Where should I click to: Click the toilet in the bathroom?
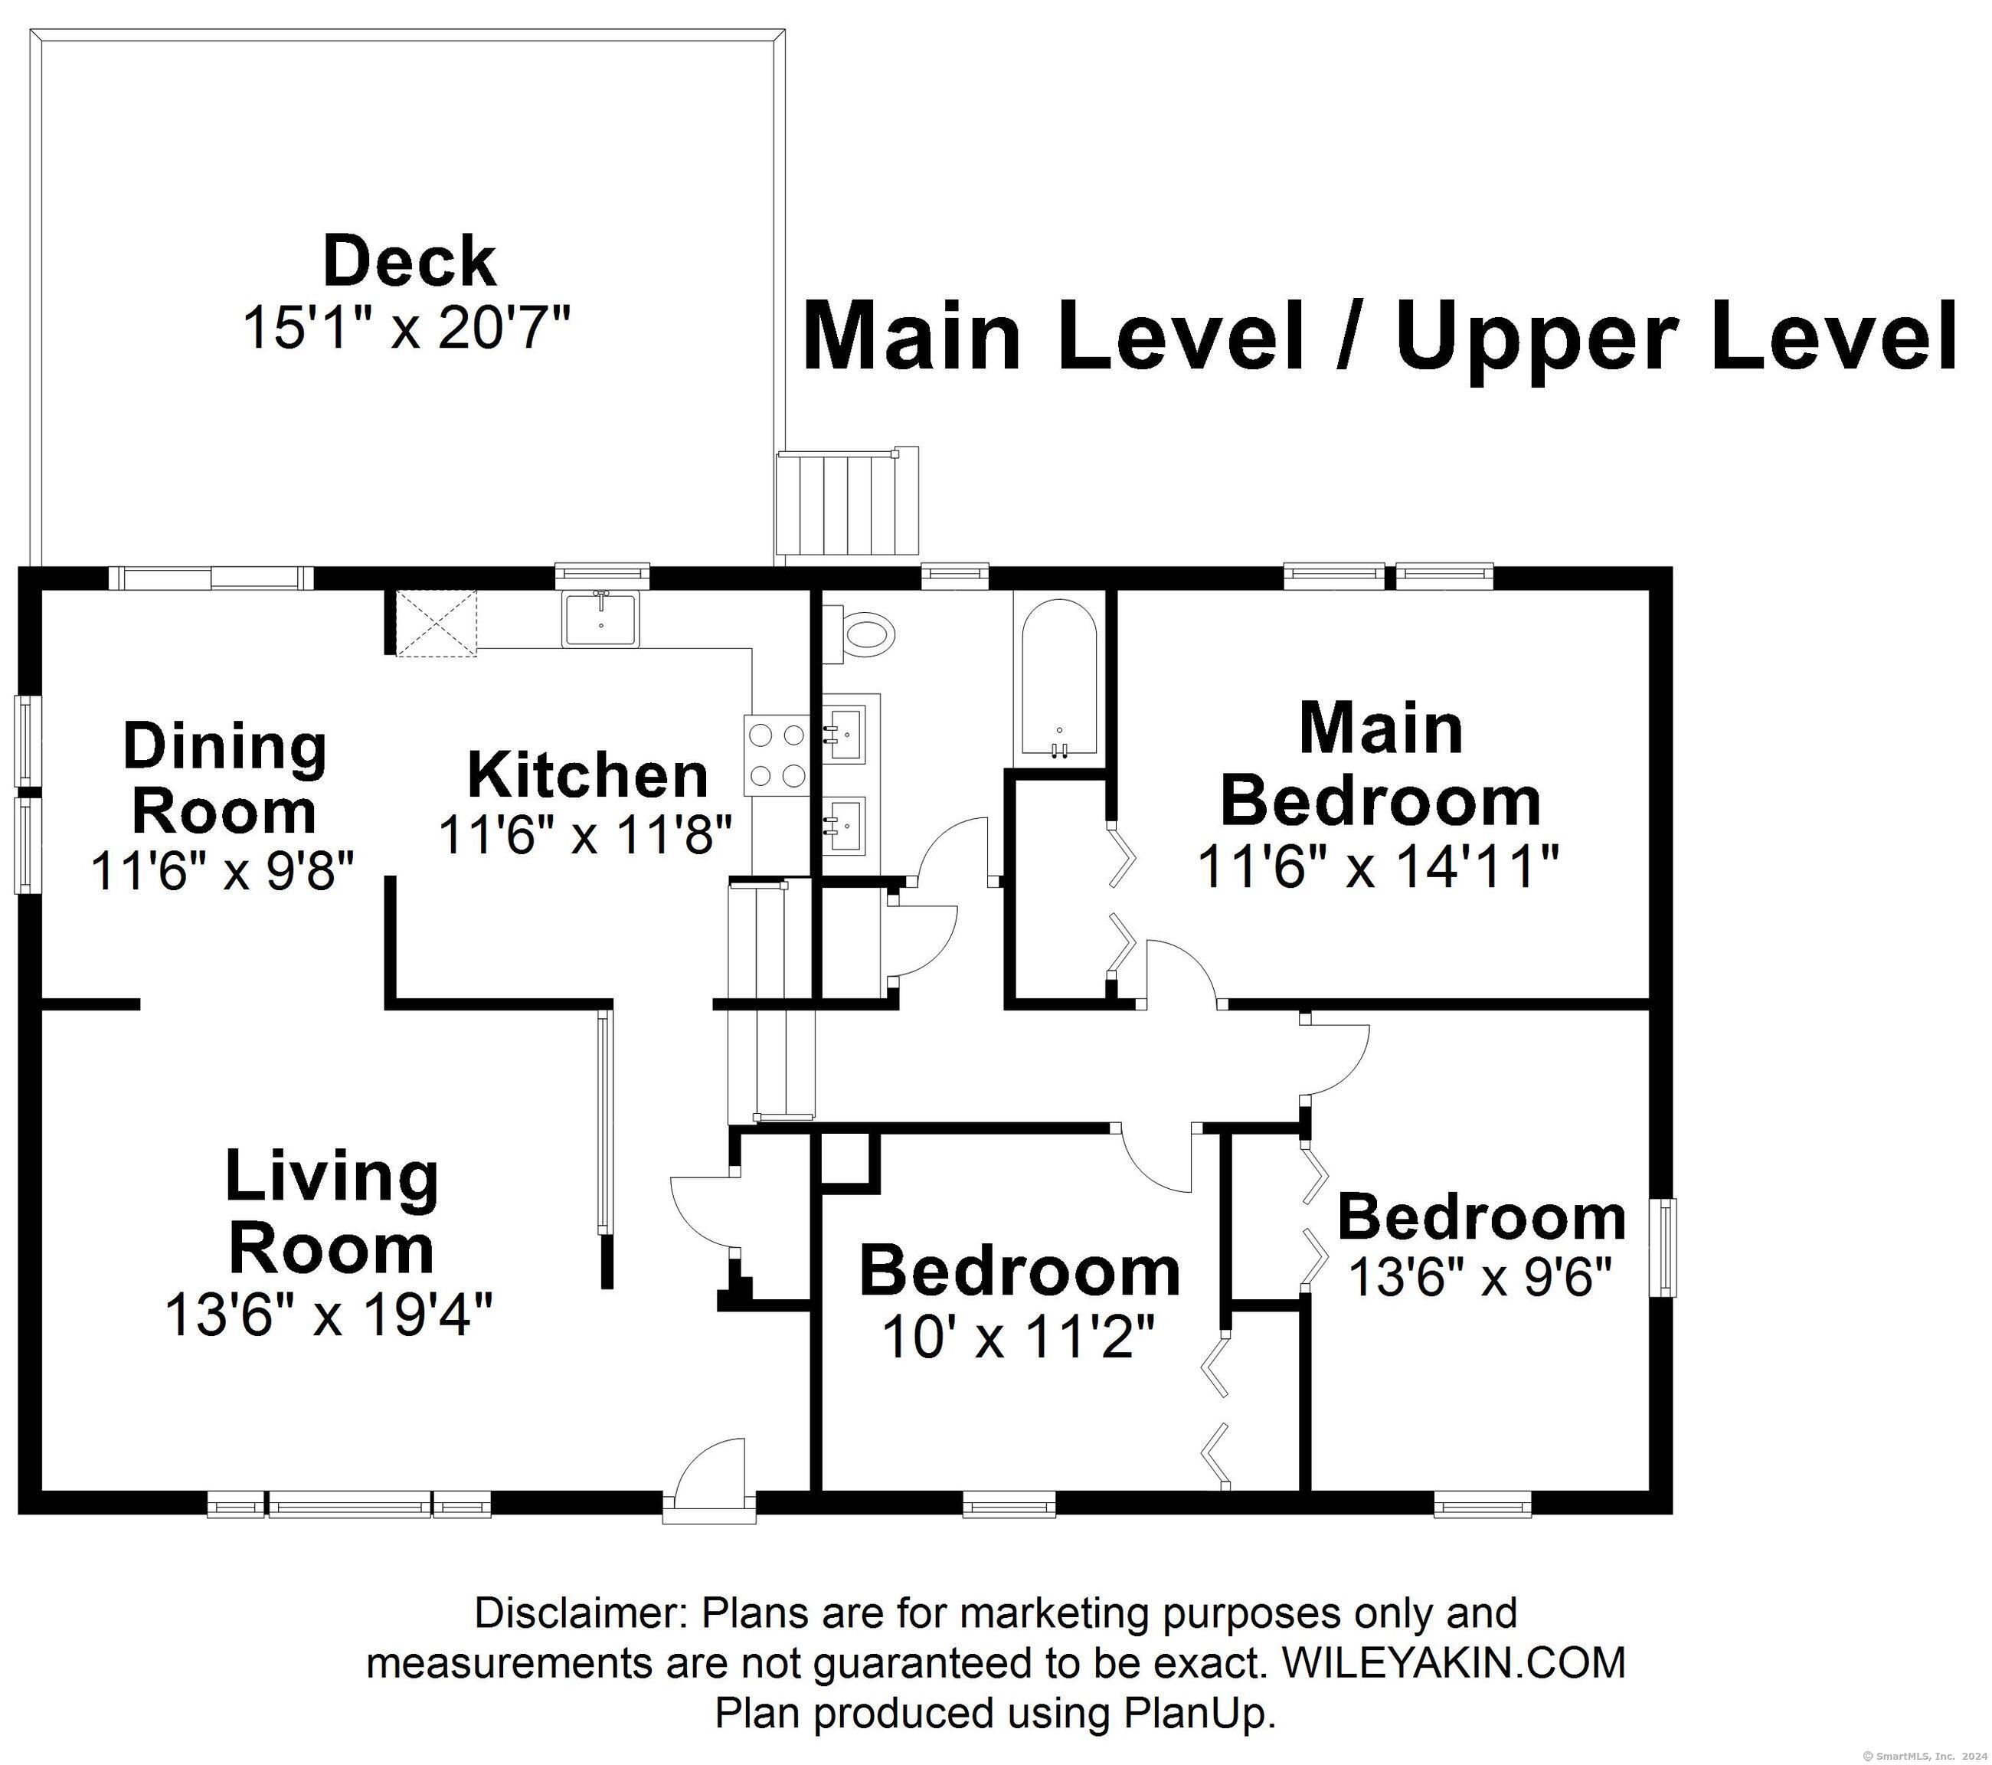click(859, 635)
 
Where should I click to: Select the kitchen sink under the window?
click(600, 618)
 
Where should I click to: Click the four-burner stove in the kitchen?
click(777, 755)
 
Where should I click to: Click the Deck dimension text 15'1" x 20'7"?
click(405, 327)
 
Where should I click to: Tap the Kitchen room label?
click(587, 776)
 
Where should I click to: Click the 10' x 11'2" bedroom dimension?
click(1019, 1336)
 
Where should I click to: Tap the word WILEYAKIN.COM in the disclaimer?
click(1454, 1662)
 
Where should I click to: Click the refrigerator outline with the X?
click(437, 622)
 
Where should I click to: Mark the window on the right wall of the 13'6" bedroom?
click(1669, 1247)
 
